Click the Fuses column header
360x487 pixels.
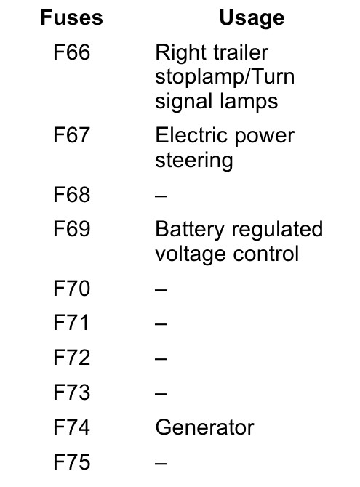[x=71, y=17]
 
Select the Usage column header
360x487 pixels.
[x=252, y=18]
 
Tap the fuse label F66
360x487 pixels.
[x=72, y=52]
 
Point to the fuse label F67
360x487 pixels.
[x=72, y=135]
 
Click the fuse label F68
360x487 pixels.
[x=72, y=195]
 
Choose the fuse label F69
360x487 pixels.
[x=72, y=229]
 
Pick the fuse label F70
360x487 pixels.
[x=72, y=289]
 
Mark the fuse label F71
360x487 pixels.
[x=71, y=323]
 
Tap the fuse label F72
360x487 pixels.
[x=72, y=357]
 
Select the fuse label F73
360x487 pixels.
[x=72, y=392]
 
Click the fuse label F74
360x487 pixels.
[x=72, y=427]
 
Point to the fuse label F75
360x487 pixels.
[x=72, y=462]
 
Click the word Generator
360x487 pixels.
[x=205, y=427]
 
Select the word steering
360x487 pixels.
[x=194, y=161]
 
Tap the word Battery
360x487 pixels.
[x=190, y=230]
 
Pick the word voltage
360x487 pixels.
[x=191, y=255]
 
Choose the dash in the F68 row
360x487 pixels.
[x=161, y=196]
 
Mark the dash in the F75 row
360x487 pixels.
[x=161, y=463]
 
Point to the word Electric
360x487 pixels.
[x=191, y=135]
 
